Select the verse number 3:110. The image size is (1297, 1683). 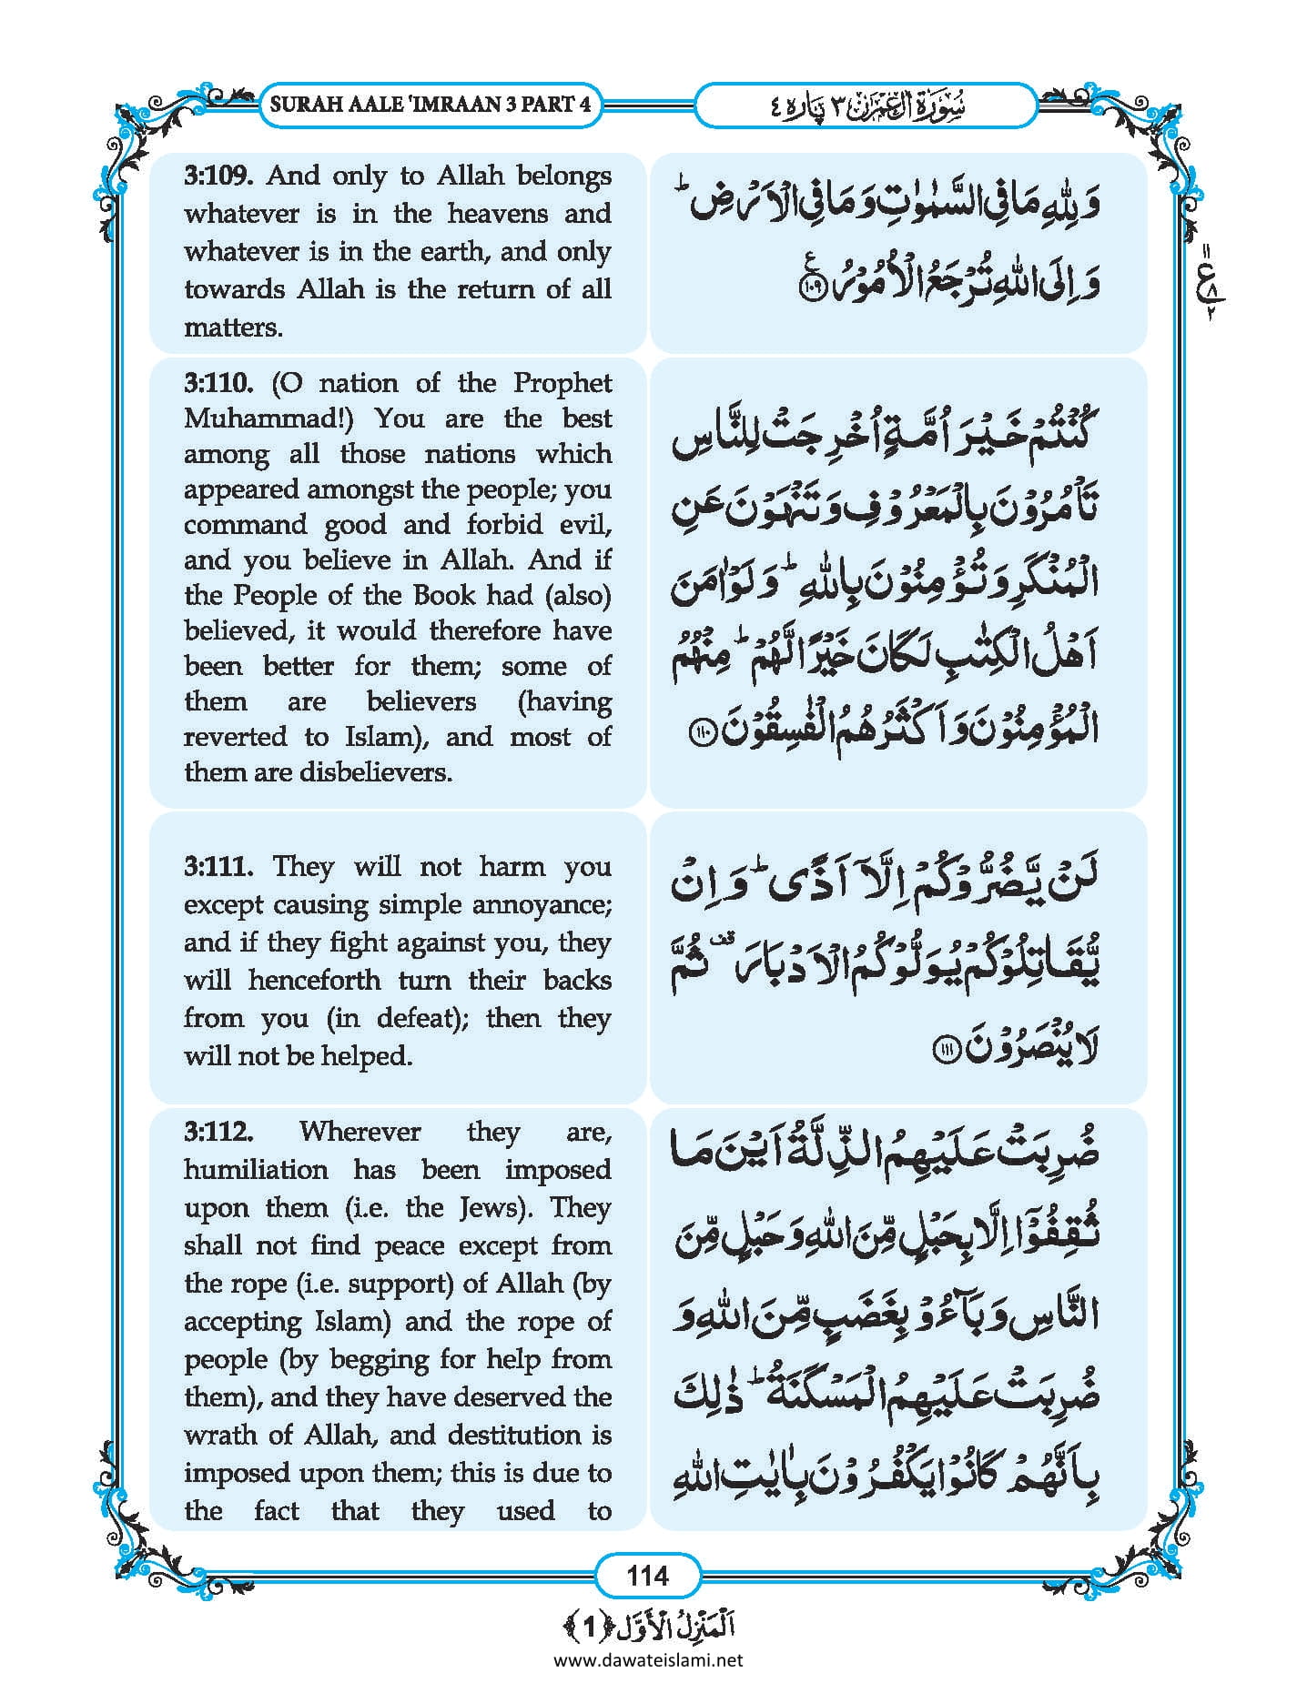(x=218, y=383)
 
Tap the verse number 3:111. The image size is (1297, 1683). (x=218, y=866)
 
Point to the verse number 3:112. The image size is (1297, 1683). (x=218, y=1132)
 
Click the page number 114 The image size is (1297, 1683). (x=647, y=1575)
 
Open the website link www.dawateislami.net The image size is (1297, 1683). (x=647, y=1659)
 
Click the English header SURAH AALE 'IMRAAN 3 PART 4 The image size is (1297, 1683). (x=431, y=104)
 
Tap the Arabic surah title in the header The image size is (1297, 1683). (x=866, y=106)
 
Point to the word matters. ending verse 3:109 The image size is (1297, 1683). (x=233, y=328)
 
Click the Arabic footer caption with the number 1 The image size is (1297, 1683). (x=647, y=1626)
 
